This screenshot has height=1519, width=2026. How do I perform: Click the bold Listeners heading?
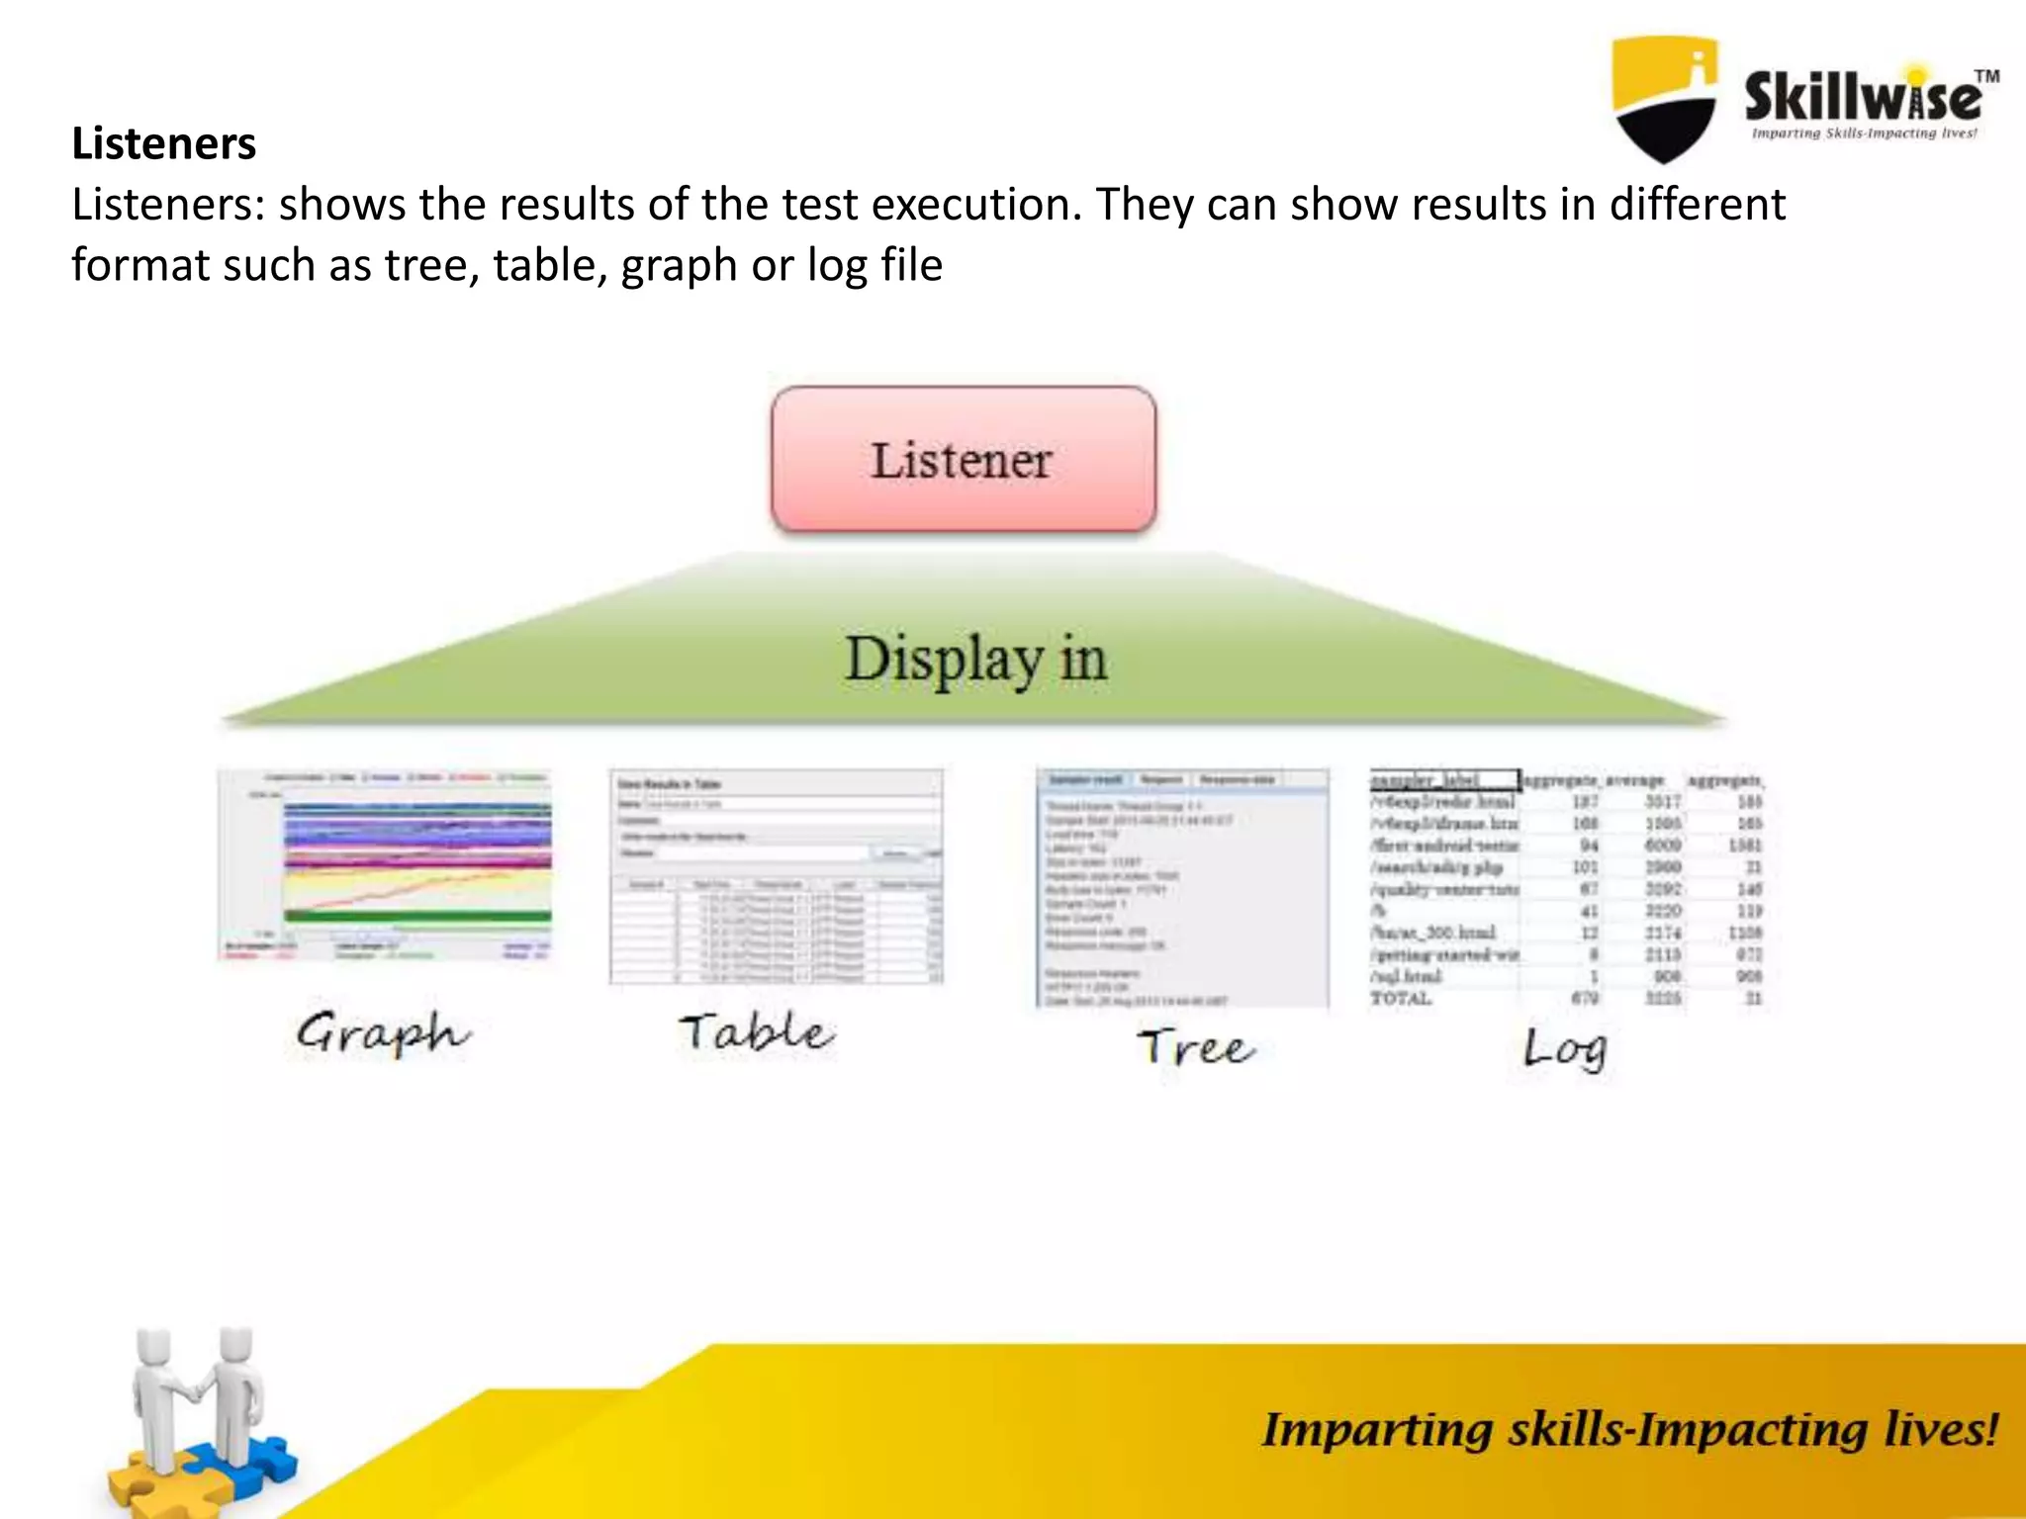[163, 143]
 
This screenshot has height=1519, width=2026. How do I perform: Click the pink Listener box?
[963, 460]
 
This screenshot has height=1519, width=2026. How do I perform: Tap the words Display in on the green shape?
[975, 660]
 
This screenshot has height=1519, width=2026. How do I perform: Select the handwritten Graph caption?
[383, 1034]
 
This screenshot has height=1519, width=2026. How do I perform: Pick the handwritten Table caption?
[757, 1032]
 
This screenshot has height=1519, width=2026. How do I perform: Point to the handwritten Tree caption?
[1195, 1047]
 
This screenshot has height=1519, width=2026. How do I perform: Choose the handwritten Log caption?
[1565, 1049]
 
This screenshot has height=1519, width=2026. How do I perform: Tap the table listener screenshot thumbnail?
[776, 876]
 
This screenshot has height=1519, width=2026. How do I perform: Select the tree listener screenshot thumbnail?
[1182, 887]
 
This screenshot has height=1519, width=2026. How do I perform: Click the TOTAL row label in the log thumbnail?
[1401, 999]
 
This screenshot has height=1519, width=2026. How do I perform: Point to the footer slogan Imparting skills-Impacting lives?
[1628, 1430]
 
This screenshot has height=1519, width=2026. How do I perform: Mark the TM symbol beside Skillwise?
[1986, 76]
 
